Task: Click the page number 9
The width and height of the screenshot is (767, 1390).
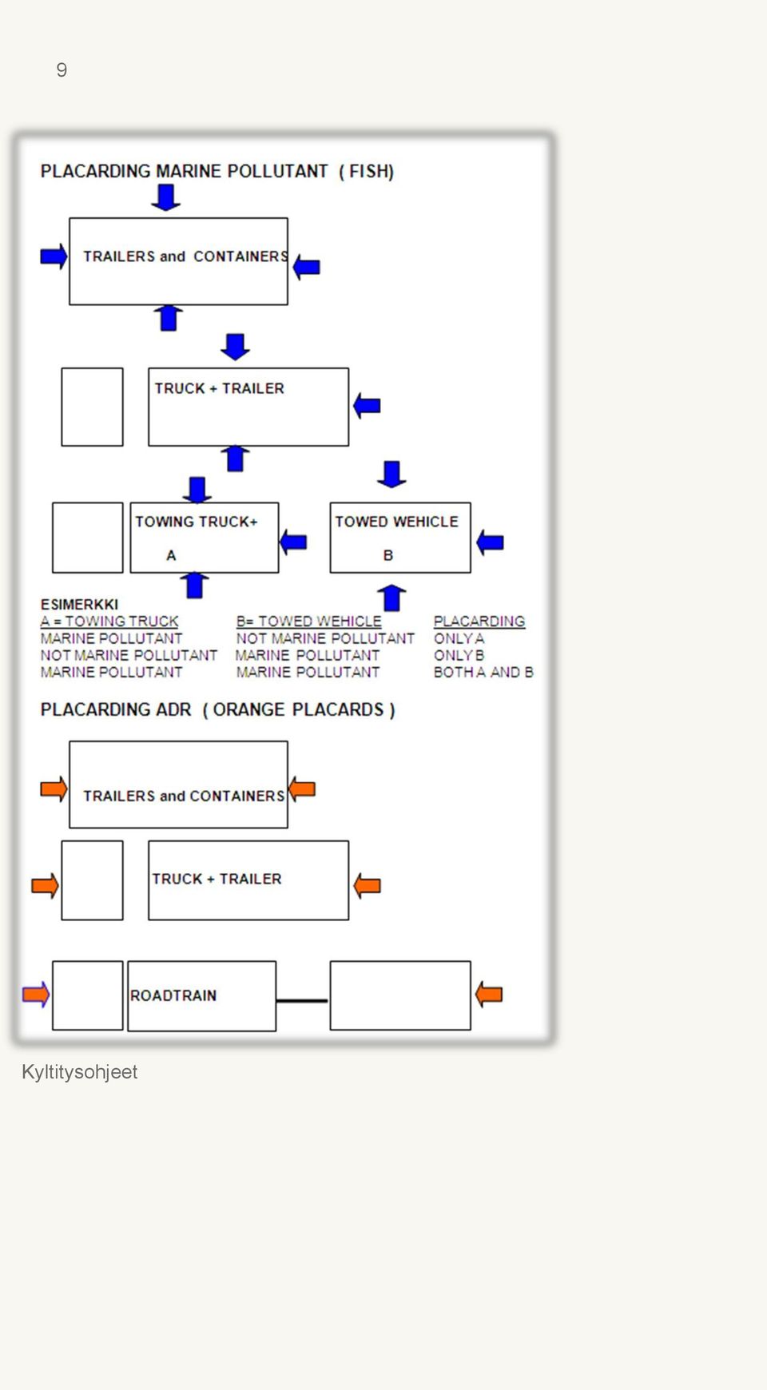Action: tap(62, 70)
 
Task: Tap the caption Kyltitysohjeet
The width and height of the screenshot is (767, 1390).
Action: tap(79, 1072)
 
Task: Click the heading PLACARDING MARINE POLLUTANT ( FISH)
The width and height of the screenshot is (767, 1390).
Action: tap(217, 172)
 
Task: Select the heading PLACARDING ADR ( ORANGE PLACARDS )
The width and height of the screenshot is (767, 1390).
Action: tap(217, 710)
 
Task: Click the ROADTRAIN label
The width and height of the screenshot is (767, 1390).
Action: tap(173, 995)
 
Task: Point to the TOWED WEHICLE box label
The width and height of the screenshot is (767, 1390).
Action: tap(396, 522)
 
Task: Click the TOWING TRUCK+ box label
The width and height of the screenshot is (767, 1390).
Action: tap(197, 522)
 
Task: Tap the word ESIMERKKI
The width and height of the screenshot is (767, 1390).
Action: tap(79, 605)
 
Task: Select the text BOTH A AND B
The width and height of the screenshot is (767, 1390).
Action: tap(483, 673)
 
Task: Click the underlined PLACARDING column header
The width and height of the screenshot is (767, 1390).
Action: tap(479, 622)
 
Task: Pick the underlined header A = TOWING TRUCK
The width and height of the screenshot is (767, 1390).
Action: tap(109, 622)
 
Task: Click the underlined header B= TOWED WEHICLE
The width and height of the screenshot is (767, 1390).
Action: tap(308, 622)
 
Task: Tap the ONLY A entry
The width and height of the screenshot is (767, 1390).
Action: tap(459, 639)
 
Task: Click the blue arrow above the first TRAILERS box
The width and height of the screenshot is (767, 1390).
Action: tap(165, 197)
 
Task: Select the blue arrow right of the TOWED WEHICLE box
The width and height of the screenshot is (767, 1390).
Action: tap(490, 543)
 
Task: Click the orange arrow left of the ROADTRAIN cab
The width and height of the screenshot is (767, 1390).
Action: tap(36, 995)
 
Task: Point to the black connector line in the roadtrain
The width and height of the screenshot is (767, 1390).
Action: tap(302, 1000)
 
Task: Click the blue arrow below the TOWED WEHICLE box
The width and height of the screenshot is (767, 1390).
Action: tap(391, 598)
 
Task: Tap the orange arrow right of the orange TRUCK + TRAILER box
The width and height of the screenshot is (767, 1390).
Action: tap(367, 885)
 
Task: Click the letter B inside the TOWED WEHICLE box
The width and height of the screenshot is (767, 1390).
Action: tap(388, 555)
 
